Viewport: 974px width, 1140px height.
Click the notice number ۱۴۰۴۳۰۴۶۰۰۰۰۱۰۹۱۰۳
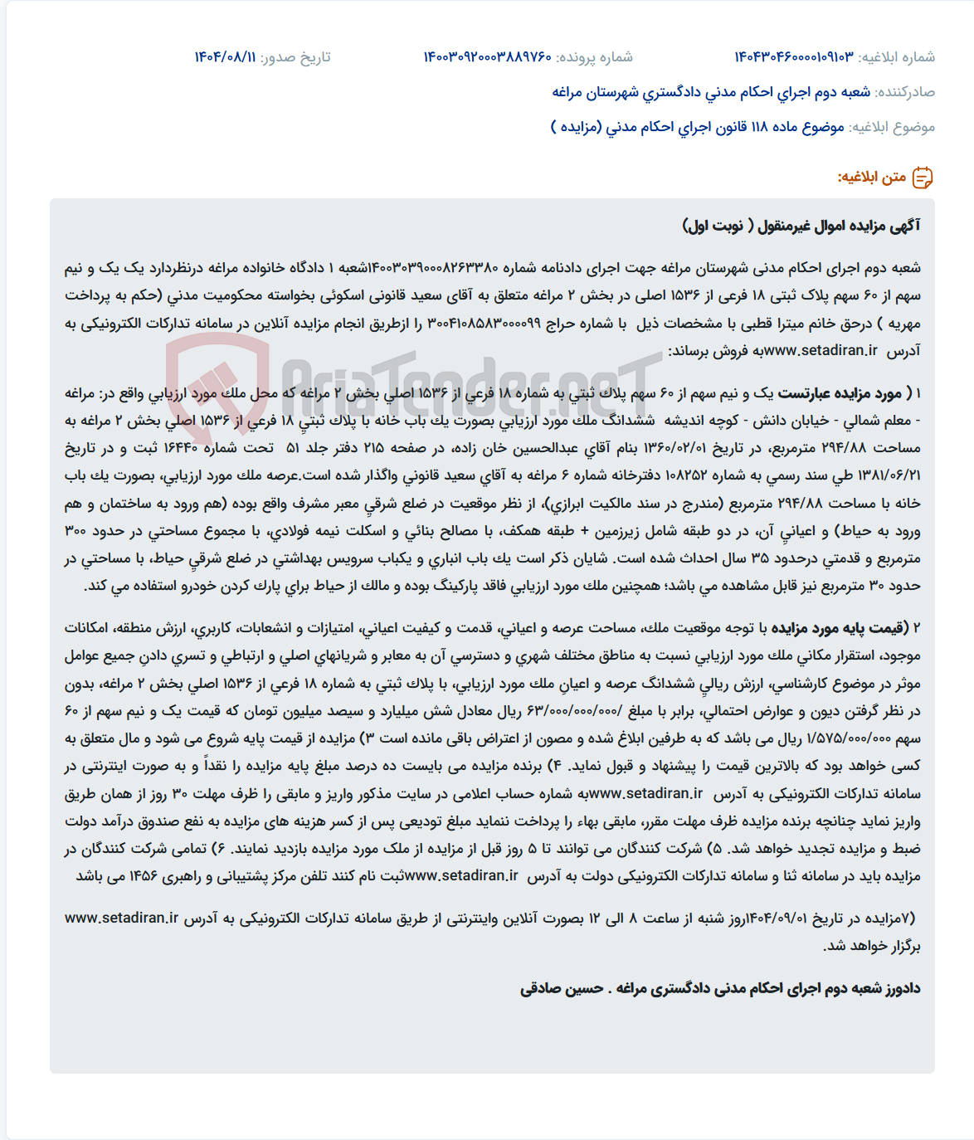pos(793,57)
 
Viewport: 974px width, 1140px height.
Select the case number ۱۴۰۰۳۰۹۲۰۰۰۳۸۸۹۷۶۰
pos(487,57)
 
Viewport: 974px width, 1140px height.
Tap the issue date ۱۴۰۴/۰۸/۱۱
pos(225,57)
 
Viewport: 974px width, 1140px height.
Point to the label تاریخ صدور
pos(295,57)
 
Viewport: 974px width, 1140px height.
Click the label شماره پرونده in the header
pos(594,57)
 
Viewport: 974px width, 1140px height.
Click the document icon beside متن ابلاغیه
pos(923,178)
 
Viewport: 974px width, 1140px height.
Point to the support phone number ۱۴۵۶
pos(144,876)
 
